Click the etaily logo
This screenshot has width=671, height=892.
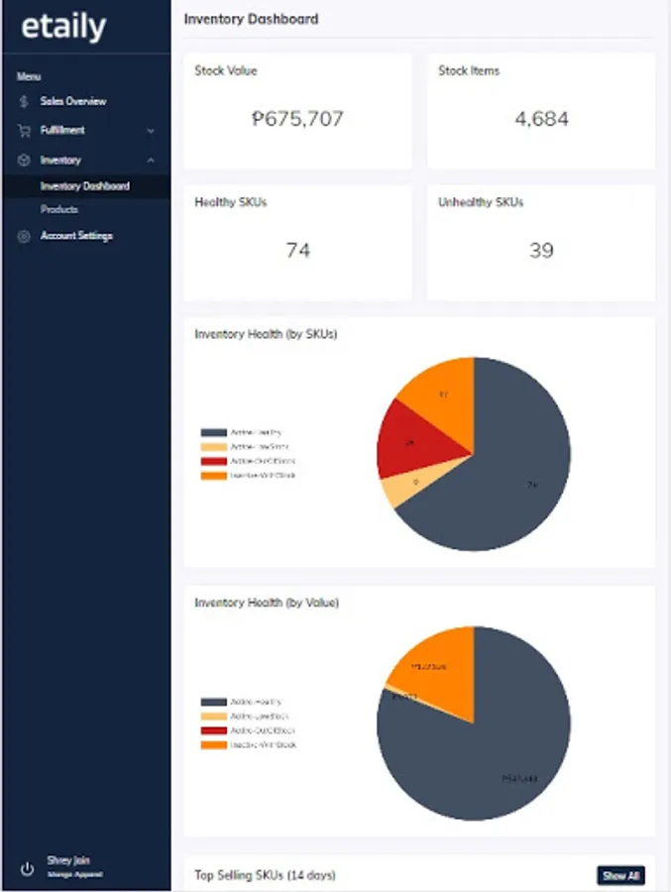[x=63, y=27]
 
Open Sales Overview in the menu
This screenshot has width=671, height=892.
[x=72, y=101]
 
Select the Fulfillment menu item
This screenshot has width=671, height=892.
[x=62, y=130]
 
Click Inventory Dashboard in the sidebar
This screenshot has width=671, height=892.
[x=84, y=186]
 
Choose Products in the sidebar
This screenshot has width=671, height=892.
[x=59, y=210]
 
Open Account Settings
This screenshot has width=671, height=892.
[x=76, y=236]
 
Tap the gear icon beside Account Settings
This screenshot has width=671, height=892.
[x=24, y=236]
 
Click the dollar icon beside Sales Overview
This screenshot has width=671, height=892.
[x=24, y=101]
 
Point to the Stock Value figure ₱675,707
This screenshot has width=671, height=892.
[x=297, y=119]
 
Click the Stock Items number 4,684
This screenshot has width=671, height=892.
[x=541, y=119]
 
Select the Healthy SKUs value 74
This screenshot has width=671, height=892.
[x=297, y=250]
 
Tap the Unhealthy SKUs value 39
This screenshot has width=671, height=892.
[x=541, y=250]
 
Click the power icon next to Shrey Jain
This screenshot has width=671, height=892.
[x=27, y=868]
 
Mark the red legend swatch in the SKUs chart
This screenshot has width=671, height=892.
[x=214, y=461]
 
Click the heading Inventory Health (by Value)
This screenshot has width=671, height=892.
[x=267, y=602]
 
